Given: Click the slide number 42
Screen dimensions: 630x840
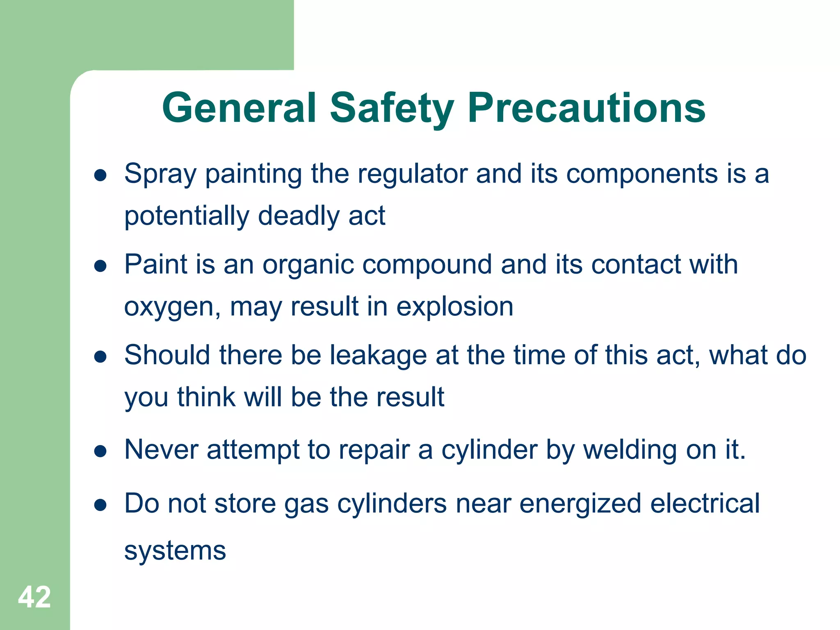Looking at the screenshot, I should click(x=34, y=597).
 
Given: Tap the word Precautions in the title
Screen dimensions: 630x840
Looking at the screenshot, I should click(x=586, y=108).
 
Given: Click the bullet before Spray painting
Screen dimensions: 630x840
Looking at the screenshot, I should click(x=100, y=176).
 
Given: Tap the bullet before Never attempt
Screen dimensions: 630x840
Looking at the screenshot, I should click(x=100, y=452).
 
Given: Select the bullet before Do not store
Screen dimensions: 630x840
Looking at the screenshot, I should click(x=100, y=505).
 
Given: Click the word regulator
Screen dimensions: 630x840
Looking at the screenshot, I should click(x=412, y=174).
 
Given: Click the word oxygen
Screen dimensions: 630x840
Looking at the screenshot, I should click(x=172, y=308).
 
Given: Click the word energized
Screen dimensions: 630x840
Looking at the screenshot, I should click(x=580, y=504).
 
